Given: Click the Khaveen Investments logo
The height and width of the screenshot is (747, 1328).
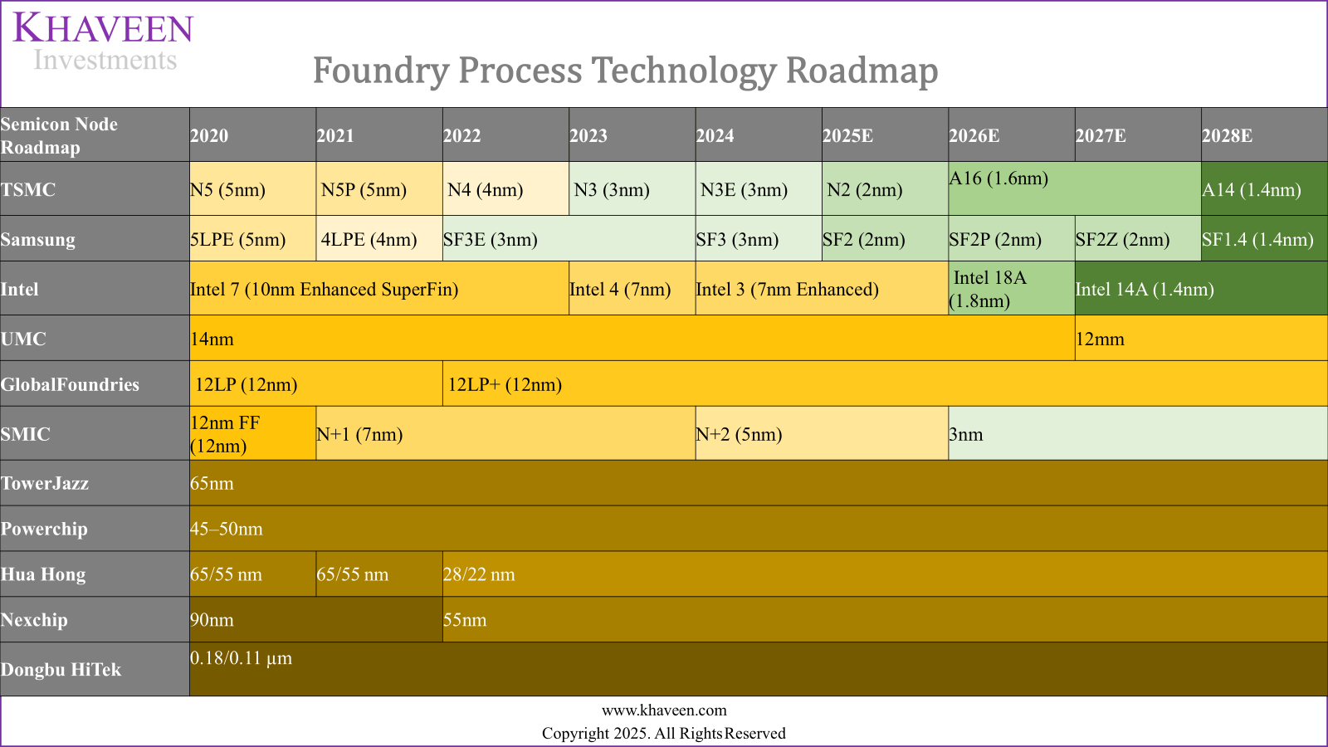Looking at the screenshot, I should click(104, 41).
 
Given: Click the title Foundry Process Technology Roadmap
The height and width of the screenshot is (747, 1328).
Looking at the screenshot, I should click(625, 71).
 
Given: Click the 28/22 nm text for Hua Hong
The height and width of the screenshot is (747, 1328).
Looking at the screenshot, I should click(479, 574).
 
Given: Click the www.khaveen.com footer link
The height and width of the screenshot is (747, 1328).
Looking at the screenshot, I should click(664, 710).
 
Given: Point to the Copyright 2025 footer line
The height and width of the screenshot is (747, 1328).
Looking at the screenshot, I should click(664, 734).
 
